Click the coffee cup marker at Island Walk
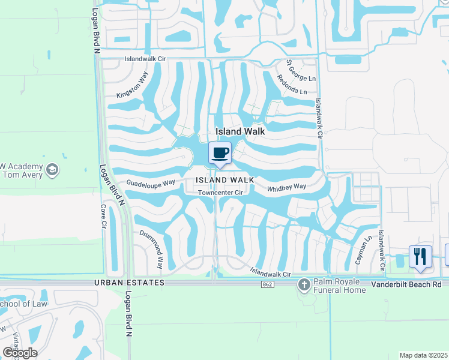point(220,153)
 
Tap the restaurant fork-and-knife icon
point(420,256)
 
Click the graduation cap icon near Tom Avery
point(53,170)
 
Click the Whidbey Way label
point(287,187)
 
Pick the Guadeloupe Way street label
point(150,182)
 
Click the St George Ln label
point(301,70)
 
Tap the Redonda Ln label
point(291,86)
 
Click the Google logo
point(20,353)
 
